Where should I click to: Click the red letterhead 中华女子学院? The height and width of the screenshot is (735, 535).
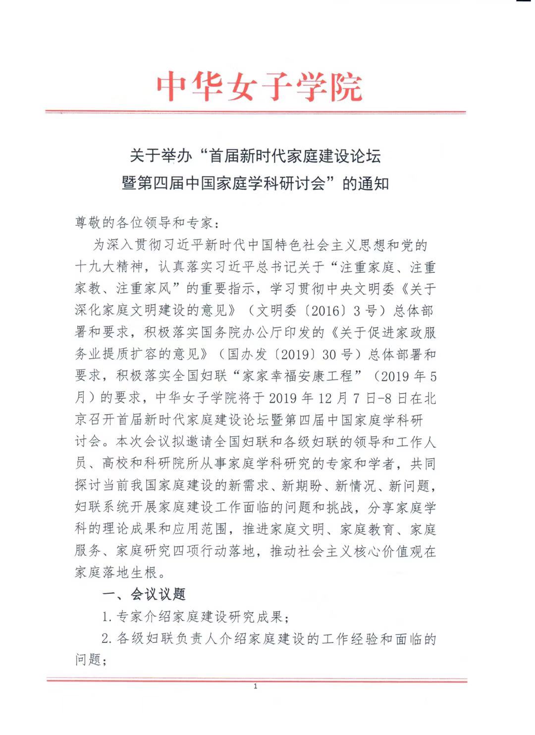259,87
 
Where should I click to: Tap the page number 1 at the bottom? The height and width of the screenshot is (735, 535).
256,686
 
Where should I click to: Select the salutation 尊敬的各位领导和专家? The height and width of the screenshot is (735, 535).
144,223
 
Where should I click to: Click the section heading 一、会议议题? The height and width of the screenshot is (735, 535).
143,594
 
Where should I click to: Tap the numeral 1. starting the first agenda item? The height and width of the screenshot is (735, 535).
107,617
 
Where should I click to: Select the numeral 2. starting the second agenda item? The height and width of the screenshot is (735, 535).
107,639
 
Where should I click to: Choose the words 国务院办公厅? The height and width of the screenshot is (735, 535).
242,332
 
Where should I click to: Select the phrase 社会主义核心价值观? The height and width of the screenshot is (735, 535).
367,551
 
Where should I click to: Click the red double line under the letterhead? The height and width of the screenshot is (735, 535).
256,112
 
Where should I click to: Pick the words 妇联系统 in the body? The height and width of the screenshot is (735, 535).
102,508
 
